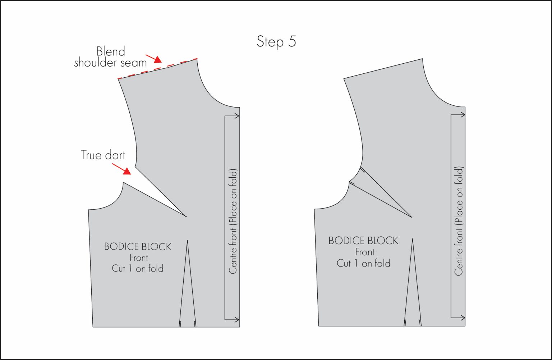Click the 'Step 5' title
pos(276,41)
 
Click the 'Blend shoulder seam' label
pos(110,57)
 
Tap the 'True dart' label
pos(103,155)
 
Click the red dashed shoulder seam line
pos(157,68)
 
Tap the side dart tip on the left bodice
pos(186,217)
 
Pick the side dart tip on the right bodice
pos(411,217)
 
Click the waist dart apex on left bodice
pos(187,241)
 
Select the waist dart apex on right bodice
pos(413,239)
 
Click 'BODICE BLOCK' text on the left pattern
pos(138,247)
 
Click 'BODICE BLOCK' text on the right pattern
pos(363,241)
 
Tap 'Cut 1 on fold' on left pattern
pos(138,269)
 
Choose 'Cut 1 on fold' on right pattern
pos(363,263)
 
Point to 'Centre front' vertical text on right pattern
pos(459,221)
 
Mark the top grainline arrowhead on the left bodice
pos(236,116)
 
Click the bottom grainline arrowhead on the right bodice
pos(463,318)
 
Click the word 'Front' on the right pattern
pos(364,252)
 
